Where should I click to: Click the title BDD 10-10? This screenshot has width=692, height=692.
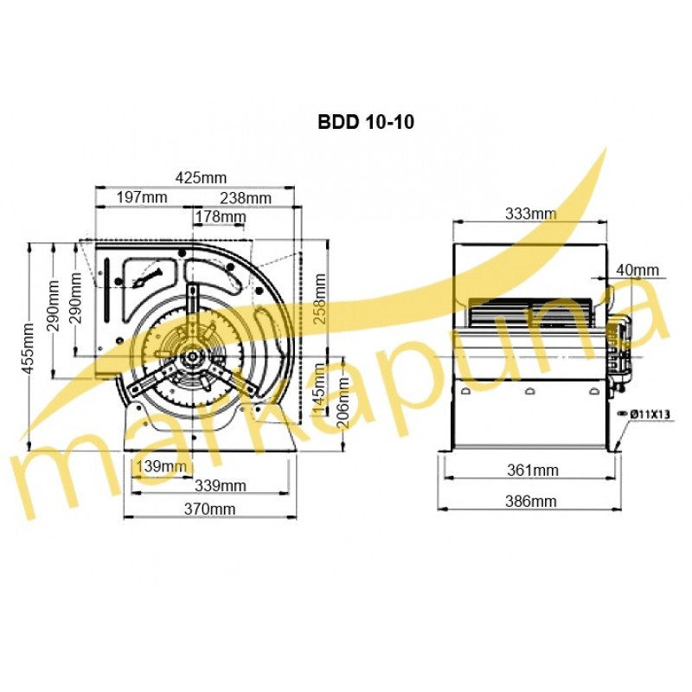366,122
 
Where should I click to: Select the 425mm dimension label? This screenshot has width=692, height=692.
201,178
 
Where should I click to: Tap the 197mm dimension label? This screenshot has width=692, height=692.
142,197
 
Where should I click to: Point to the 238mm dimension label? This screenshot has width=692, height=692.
246,198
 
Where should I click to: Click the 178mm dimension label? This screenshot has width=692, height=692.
221,217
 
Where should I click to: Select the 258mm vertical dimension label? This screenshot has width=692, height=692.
319,298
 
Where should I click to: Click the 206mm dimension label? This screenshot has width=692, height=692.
343,402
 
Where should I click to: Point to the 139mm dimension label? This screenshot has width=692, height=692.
161,466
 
